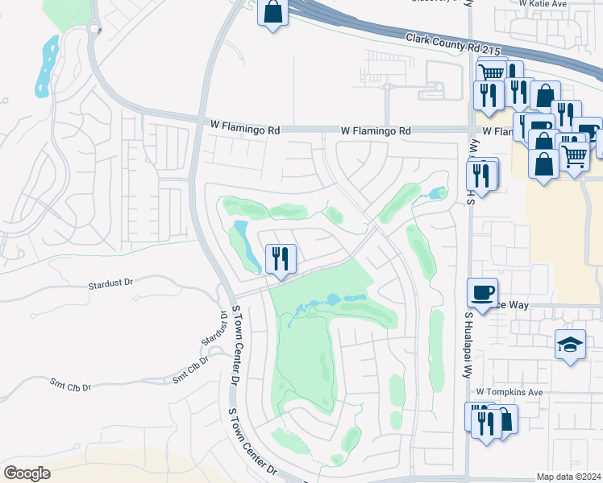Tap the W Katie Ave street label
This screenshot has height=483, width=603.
coord(544,4)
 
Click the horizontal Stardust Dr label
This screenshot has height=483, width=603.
coord(110,284)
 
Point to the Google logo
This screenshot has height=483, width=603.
coord(27,473)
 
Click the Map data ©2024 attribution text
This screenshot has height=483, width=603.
coord(568,477)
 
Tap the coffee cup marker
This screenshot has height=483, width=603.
coord(483,292)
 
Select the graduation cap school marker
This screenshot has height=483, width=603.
coord(571,345)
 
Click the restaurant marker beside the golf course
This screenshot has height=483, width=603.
coord(280,259)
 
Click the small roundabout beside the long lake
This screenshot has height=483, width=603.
coord(95,29)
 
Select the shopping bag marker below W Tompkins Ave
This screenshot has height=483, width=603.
coord(503,419)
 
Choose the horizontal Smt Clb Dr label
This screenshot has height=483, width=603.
coord(70,387)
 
